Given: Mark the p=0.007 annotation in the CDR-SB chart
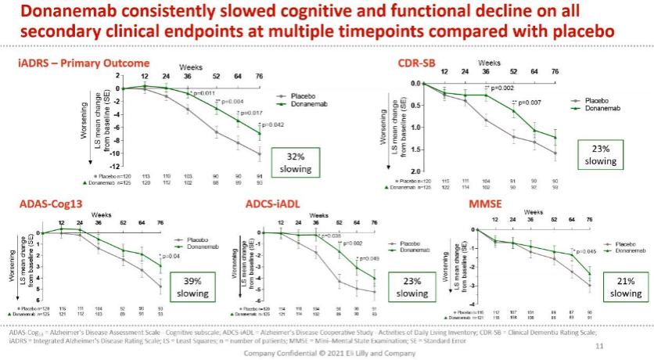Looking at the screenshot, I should click(529, 103).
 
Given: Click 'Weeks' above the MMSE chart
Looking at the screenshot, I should click(534, 212).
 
